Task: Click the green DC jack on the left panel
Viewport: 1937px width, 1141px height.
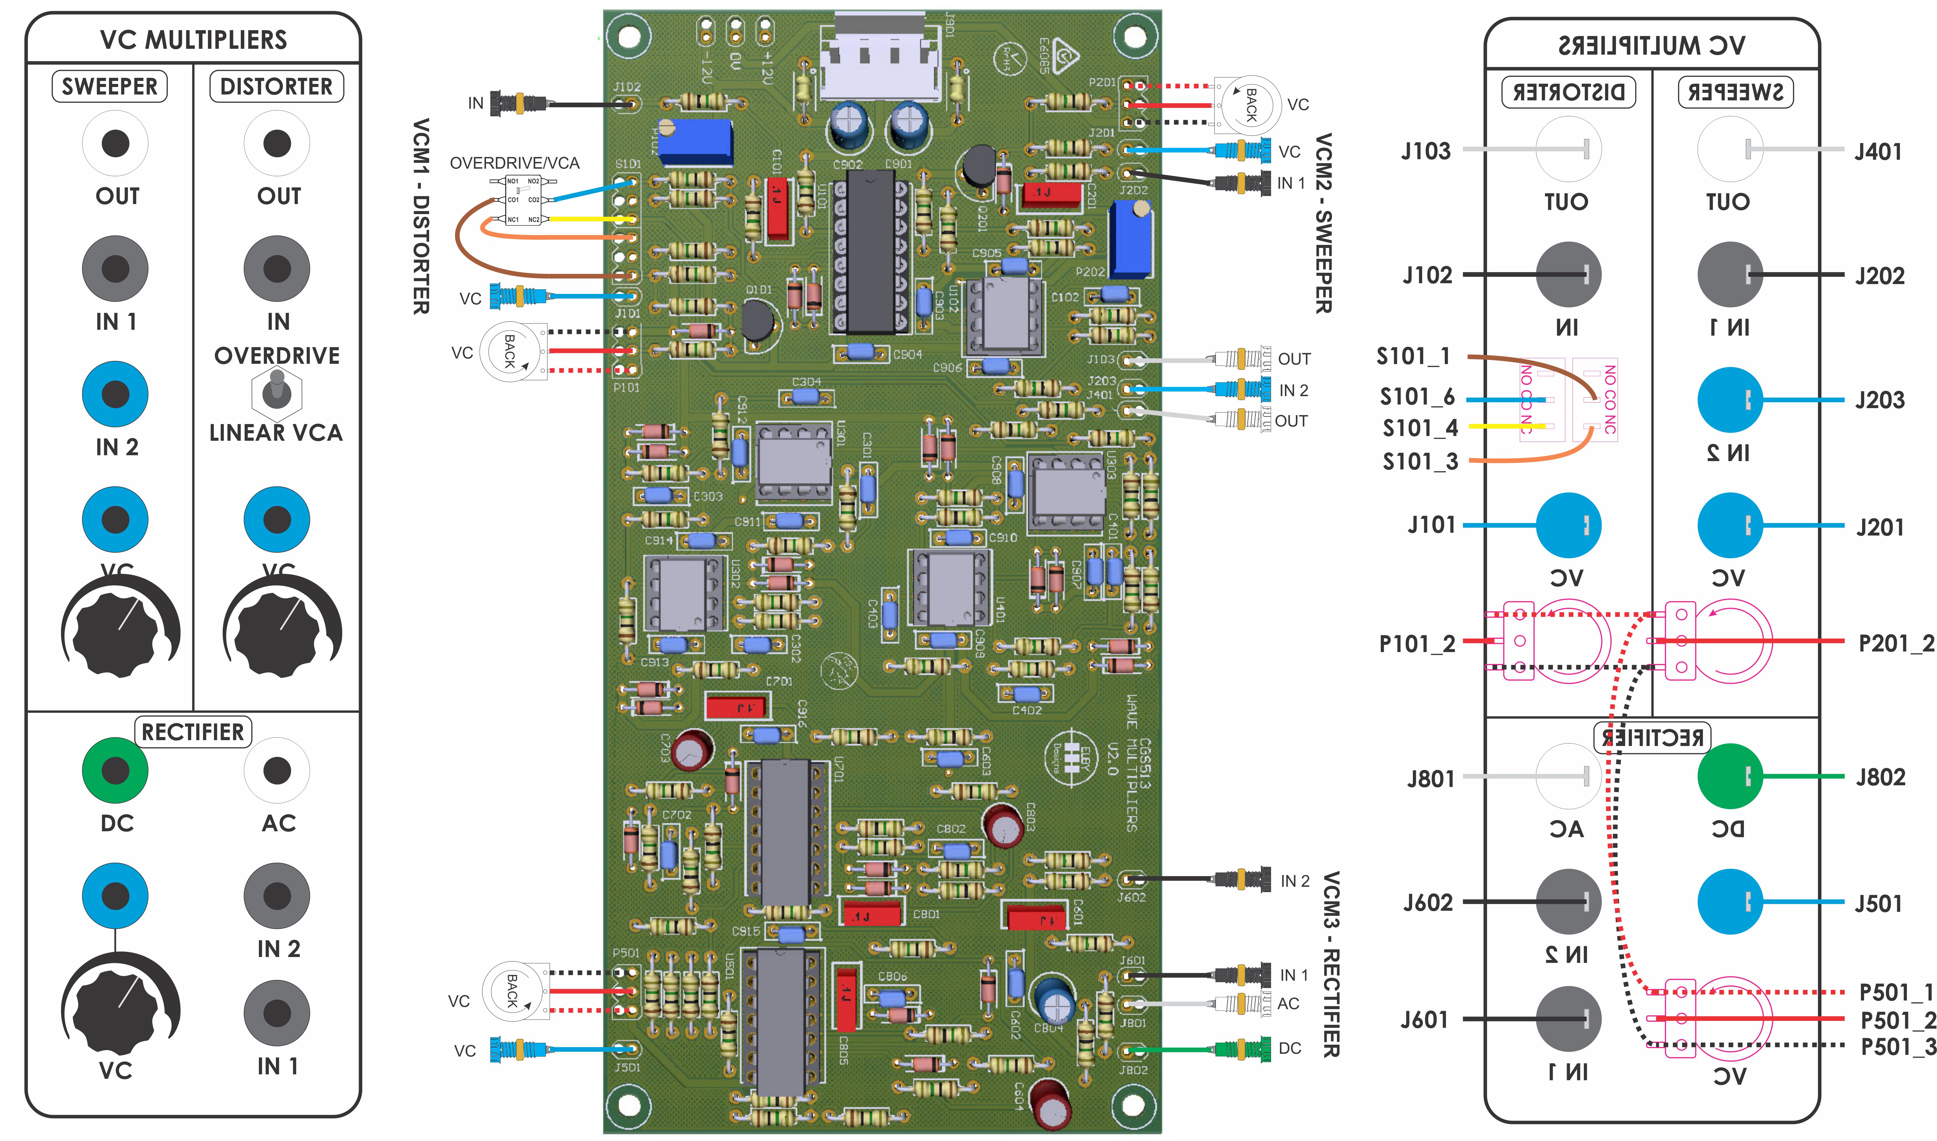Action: [115, 770]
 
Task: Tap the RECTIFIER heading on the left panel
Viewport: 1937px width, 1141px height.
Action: [193, 732]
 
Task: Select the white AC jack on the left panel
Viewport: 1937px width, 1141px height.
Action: [277, 770]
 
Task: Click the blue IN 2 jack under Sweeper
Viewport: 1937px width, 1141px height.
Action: [115, 394]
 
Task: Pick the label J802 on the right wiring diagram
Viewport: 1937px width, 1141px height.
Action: [1880, 777]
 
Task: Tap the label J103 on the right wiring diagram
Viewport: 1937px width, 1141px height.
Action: [1426, 151]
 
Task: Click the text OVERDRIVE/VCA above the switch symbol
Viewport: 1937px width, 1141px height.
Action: [514, 163]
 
